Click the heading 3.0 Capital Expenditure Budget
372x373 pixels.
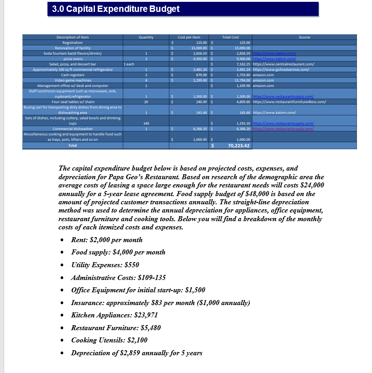pyautogui.click(x=114, y=9)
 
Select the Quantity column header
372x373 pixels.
pyautogui.click(x=146, y=37)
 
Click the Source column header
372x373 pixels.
pyautogui.click(x=304, y=37)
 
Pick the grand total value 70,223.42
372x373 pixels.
pyautogui.click(x=238, y=145)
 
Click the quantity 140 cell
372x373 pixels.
pyautogui.click(x=146, y=123)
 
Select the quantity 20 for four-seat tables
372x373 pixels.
pyautogui.click(x=146, y=102)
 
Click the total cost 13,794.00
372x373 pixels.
pyautogui.click(x=240, y=80)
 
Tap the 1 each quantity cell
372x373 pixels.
pyautogui.click(x=129, y=64)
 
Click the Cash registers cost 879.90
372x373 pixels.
pyautogui.click(x=200, y=75)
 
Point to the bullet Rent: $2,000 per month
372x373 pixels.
pyautogui.click(x=107, y=240)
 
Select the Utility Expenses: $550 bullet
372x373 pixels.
pyautogui.click(x=105, y=265)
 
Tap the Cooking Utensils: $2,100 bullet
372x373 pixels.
pyautogui.click(x=109, y=340)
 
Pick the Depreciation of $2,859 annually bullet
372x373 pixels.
pyautogui.click(x=136, y=353)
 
